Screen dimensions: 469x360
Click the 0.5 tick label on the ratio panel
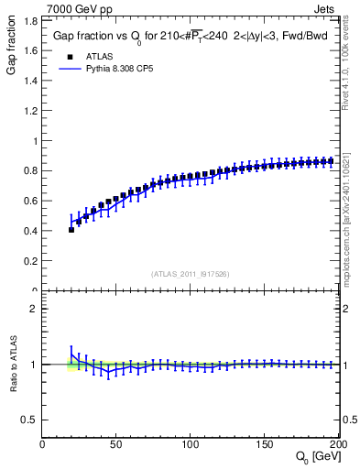pos(30,420)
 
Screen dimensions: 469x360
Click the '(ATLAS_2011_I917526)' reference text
pos(191,274)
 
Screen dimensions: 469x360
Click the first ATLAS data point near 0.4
pos(71,230)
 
